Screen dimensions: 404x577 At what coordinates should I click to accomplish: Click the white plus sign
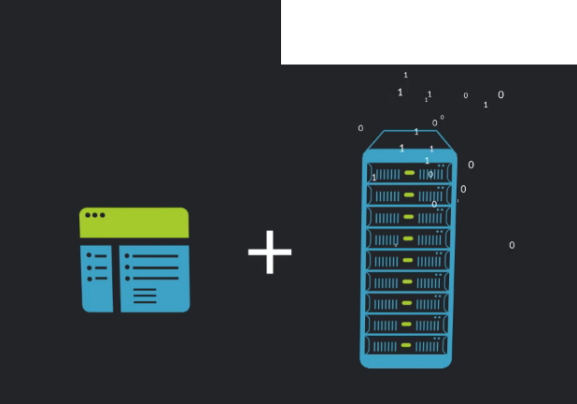270,252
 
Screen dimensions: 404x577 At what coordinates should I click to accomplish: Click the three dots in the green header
95,215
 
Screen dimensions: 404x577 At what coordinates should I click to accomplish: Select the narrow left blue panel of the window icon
96,278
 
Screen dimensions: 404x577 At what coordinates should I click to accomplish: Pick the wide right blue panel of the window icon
154,278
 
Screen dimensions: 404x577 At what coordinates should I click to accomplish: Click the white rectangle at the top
429,32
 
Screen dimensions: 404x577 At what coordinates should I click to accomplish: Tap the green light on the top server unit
409,173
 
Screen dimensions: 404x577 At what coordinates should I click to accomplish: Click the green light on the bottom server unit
408,346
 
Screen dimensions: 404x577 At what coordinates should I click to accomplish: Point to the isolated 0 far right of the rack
512,245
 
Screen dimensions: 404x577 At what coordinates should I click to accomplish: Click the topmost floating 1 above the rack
405,75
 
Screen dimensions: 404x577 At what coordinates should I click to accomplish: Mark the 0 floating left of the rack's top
360,128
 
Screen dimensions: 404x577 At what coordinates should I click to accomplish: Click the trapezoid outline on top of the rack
408,139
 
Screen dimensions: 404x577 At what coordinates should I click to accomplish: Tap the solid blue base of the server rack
407,361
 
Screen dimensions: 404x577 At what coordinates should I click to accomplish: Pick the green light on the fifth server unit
408,260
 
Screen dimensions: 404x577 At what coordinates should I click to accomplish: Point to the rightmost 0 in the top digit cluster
500,94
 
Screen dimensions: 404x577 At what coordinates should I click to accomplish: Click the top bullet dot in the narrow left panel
90,255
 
